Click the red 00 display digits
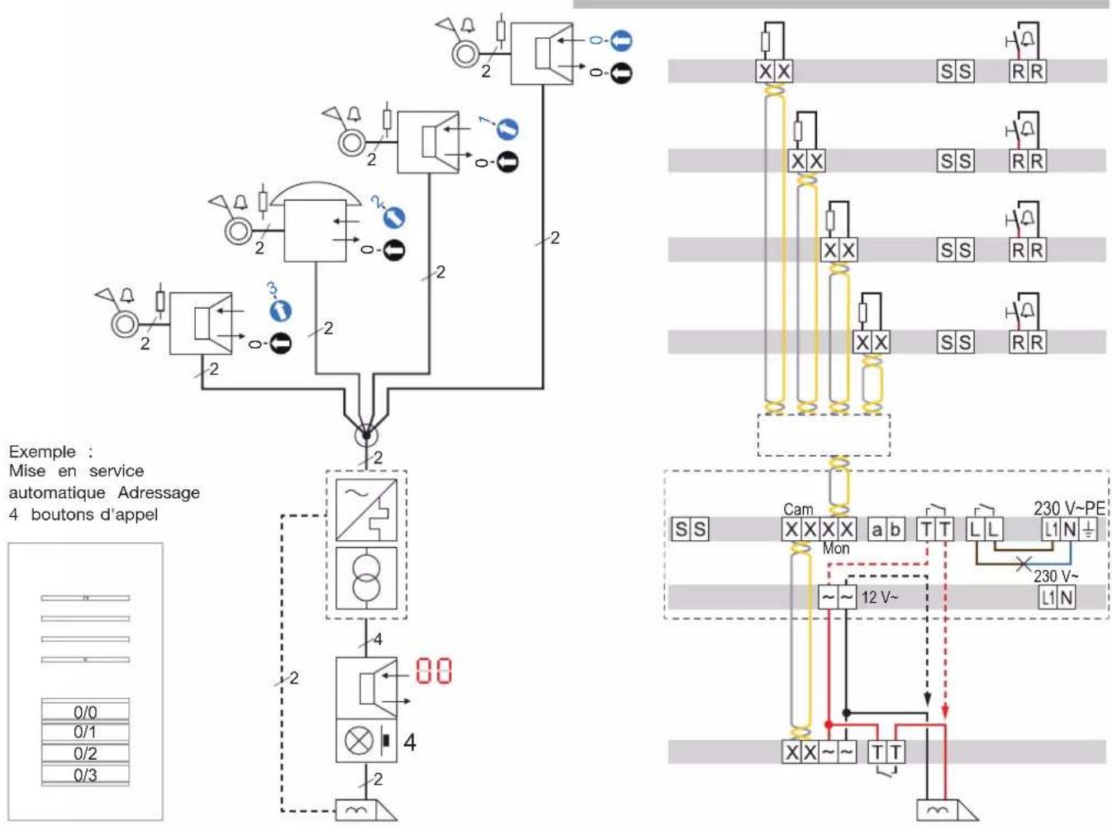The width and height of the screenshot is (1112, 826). click(x=434, y=671)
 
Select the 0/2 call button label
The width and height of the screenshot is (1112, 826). click(x=85, y=753)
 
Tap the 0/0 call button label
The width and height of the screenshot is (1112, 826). click(x=85, y=712)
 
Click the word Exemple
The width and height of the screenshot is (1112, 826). click(x=42, y=452)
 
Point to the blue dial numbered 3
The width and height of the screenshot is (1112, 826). click(x=280, y=310)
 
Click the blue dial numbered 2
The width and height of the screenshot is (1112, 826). click(x=394, y=218)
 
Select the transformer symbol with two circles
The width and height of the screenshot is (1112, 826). click(x=367, y=578)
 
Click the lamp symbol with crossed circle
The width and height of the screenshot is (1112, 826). click(x=359, y=740)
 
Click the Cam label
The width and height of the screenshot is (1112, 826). click(x=798, y=510)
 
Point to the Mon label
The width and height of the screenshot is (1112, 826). click(x=836, y=548)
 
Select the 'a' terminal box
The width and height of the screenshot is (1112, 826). click(x=877, y=529)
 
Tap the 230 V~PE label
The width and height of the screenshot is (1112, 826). click(x=1069, y=509)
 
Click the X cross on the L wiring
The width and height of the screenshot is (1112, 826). click(x=1024, y=564)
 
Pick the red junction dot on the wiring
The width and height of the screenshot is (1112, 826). click(x=829, y=724)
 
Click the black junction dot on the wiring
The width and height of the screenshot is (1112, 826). click(x=846, y=713)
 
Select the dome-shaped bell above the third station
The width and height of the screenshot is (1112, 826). click(x=316, y=193)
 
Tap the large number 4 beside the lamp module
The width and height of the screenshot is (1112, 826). click(x=410, y=743)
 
